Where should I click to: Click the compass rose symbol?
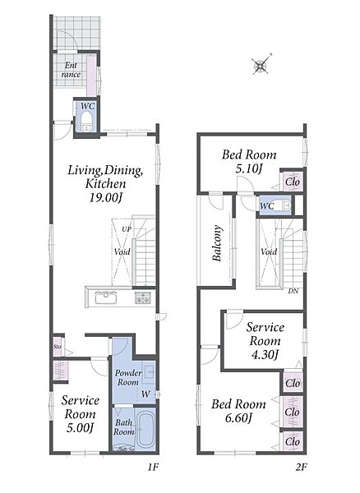click(x=261, y=65)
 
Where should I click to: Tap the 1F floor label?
click(x=154, y=468)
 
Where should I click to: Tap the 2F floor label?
click(x=301, y=468)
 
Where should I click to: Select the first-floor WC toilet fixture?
click(x=86, y=122)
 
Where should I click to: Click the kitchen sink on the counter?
click(x=106, y=297)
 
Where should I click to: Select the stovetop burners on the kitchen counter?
click(x=143, y=297)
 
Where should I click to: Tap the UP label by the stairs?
click(x=127, y=229)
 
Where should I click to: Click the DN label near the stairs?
click(x=293, y=291)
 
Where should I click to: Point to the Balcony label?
click(x=217, y=243)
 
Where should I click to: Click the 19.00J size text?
click(x=106, y=197)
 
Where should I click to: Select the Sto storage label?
click(x=57, y=347)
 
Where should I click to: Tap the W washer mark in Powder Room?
click(x=145, y=394)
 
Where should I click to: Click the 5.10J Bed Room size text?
click(x=249, y=169)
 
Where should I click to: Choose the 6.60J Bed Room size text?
click(x=239, y=418)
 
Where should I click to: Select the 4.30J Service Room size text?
click(x=265, y=355)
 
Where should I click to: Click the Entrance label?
click(x=71, y=70)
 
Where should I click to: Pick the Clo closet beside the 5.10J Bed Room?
click(x=293, y=182)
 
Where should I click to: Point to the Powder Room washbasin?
click(x=149, y=372)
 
